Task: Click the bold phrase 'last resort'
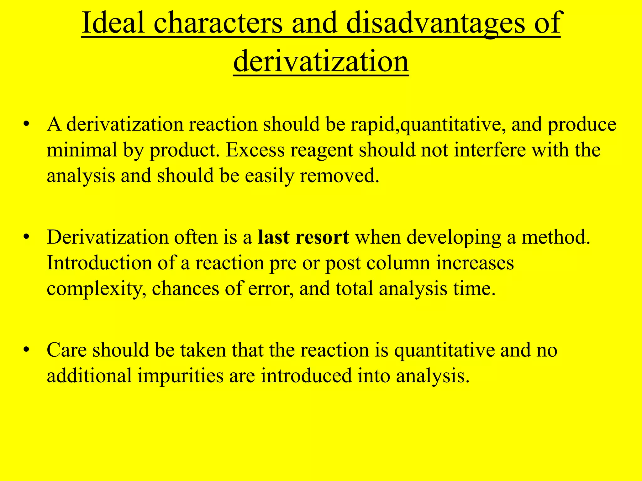click(x=303, y=237)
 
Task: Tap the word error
click(x=271, y=289)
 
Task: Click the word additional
click(x=89, y=375)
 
